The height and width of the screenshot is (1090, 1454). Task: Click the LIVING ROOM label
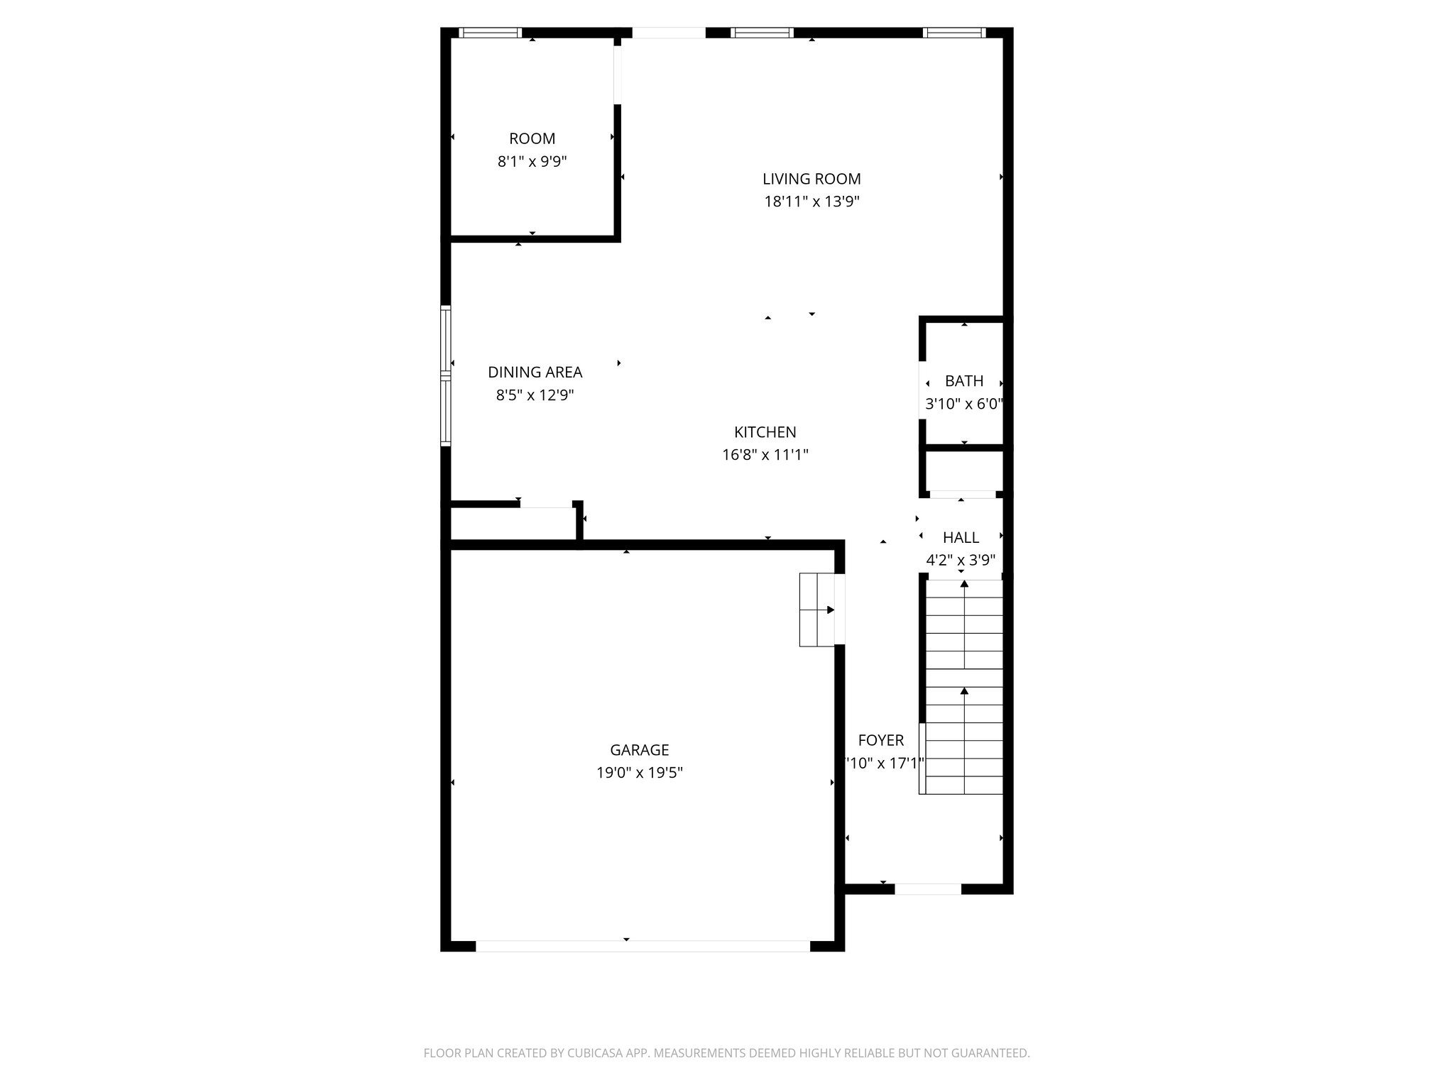[811, 179]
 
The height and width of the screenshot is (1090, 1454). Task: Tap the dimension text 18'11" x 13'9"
[811, 202]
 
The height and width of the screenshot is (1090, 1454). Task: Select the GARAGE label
[639, 750]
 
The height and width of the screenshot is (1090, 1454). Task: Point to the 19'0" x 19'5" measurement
[639, 773]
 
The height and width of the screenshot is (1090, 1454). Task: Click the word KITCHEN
[765, 432]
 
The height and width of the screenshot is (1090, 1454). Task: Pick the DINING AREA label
[535, 372]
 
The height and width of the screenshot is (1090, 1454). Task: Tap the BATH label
[963, 381]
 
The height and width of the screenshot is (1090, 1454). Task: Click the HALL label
[961, 537]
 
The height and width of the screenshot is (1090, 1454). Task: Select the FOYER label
[880, 740]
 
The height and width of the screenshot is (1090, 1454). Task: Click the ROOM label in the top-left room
[532, 139]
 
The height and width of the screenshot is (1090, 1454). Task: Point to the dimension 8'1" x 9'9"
[532, 162]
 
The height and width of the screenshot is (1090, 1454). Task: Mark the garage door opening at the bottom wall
[642, 945]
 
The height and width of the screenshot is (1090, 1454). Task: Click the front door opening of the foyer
[927, 888]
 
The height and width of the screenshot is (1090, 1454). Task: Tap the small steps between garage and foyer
[817, 610]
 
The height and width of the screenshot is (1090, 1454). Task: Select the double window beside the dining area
[445, 375]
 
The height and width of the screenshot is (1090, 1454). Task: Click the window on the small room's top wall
[490, 33]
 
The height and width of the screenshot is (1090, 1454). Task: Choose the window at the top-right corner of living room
[953, 33]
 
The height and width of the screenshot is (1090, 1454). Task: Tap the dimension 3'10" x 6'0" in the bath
[963, 404]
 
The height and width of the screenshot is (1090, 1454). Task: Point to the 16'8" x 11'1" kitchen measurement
[765, 455]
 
